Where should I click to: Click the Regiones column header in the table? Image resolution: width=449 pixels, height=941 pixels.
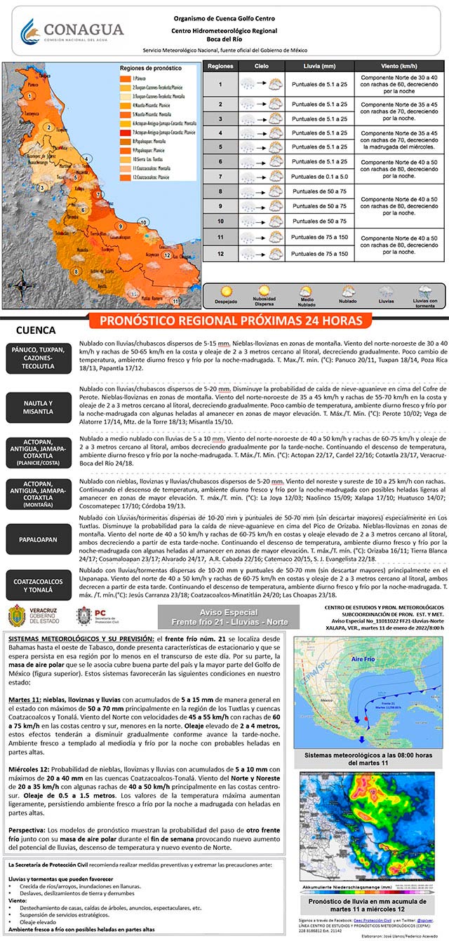(x=220, y=66)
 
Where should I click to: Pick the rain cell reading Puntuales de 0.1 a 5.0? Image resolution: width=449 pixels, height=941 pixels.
(x=319, y=177)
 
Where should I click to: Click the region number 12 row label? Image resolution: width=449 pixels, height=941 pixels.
(x=220, y=254)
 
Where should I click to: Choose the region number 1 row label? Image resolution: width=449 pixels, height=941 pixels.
(x=220, y=84)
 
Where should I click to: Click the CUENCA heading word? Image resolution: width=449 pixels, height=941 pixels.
(x=36, y=330)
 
